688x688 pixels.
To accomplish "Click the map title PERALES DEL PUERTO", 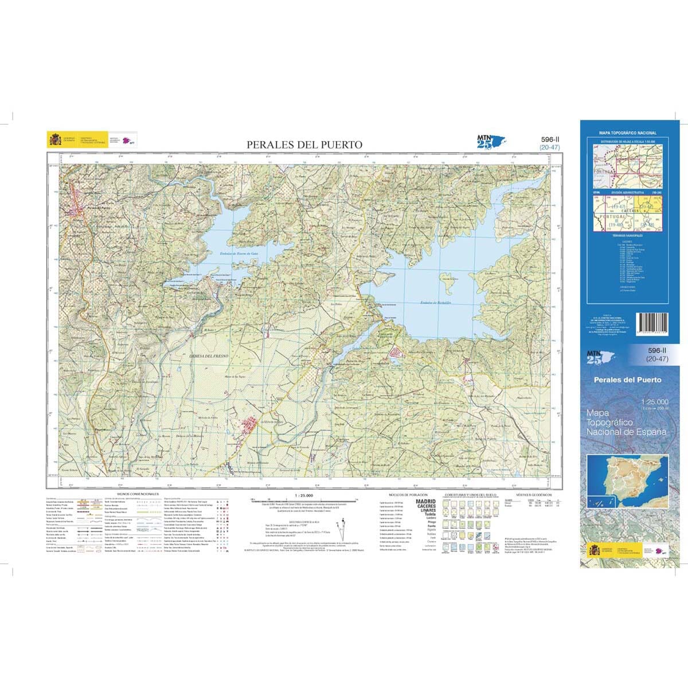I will click(x=304, y=145).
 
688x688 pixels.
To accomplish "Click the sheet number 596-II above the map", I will click(x=550, y=139).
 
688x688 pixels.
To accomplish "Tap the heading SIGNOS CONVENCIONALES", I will click(x=137, y=494).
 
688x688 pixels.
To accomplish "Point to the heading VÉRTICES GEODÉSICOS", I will click(x=533, y=494).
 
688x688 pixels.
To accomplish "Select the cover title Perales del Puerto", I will click(x=627, y=380).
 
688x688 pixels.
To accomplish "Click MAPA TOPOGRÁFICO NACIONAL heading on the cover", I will click(x=628, y=133).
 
